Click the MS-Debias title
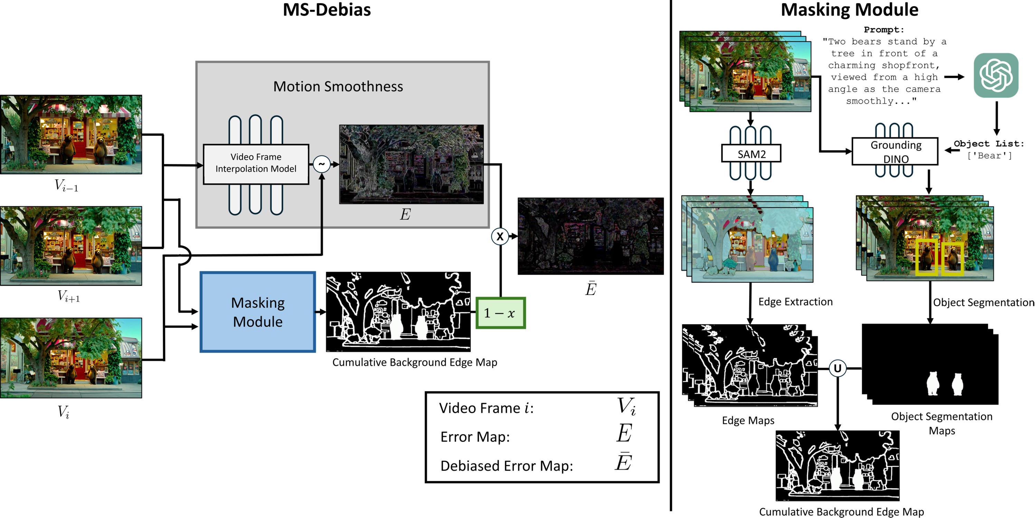327,10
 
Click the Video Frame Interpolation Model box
256,163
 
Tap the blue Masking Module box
257,312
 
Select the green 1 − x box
500,313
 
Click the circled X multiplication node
500,237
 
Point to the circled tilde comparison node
321,164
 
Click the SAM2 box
751,153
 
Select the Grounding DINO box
895,151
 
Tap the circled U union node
838,368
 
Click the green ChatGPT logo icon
996,76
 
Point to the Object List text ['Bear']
989,155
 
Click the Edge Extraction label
795,301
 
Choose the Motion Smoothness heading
338,86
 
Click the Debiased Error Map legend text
506,466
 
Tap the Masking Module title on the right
849,10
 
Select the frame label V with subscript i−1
66,185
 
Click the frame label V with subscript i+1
69,296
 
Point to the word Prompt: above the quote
884,30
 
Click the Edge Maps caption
748,420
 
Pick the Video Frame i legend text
486,408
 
